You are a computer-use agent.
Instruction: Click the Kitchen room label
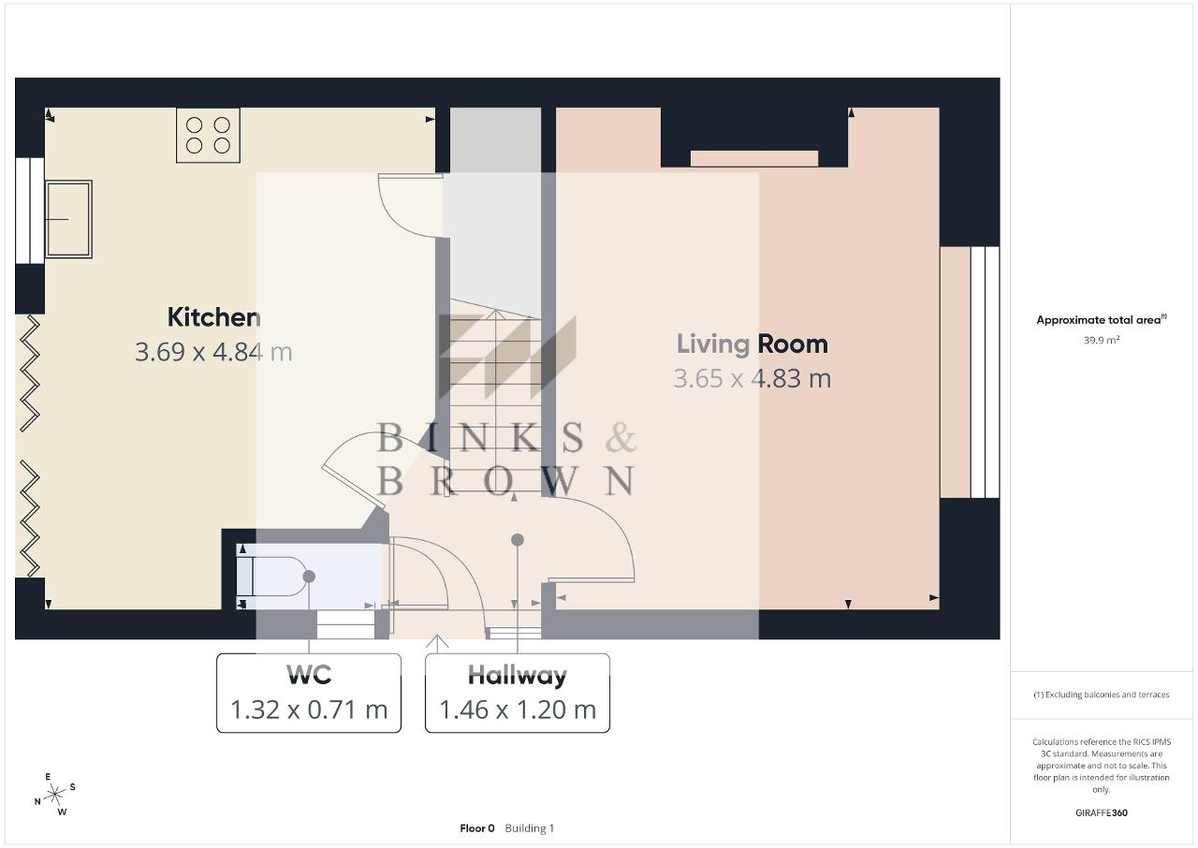pos(214,317)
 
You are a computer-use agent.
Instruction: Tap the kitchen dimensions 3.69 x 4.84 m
pos(213,352)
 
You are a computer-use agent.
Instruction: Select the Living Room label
pos(752,344)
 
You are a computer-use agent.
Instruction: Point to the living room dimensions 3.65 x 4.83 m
pos(752,378)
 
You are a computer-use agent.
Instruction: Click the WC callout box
pos(309,693)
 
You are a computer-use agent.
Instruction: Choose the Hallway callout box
pos(518,693)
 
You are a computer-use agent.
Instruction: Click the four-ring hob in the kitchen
pos(208,136)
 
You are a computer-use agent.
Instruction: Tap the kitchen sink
pos(68,219)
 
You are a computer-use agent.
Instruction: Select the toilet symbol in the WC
pos(272,577)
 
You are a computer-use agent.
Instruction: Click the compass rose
pos(55,795)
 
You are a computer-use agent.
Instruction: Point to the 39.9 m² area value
pos(1102,340)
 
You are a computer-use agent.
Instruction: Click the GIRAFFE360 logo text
pos(1102,812)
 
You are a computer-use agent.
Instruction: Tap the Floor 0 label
pos(477,828)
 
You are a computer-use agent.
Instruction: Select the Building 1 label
pos(530,828)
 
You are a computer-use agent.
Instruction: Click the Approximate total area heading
pos(1102,320)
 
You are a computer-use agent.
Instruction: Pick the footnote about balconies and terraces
pos(1102,694)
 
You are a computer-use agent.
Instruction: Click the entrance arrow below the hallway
pos(437,644)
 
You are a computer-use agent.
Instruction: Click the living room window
pos(985,373)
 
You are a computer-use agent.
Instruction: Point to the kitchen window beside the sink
pos(30,211)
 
